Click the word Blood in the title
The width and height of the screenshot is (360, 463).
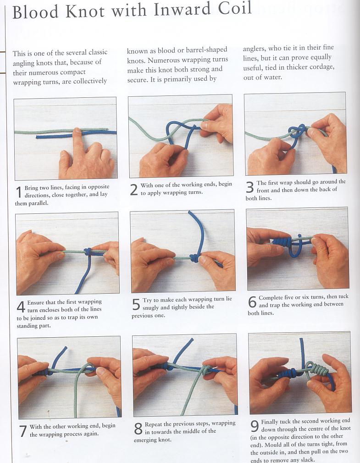tap(35, 12)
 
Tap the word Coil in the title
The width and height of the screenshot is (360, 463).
tap(235, 8)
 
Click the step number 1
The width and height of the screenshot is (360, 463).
tap(19, 192)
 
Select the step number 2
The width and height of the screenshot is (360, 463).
tap(134, 190)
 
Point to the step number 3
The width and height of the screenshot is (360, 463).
tap(249, 187)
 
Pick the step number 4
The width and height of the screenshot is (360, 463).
tap(21, 307)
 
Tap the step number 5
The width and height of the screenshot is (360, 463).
tap(136, 304)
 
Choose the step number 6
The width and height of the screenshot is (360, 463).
tap(252, 302)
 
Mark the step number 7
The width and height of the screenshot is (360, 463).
tap(23, 431)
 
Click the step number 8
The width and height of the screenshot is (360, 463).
tap(138, 429)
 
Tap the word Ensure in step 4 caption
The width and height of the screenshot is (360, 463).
tap(36, 302)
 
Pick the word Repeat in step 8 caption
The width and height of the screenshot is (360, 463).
tap(153, 424)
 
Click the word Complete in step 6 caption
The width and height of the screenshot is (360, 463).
tap(271, 298)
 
